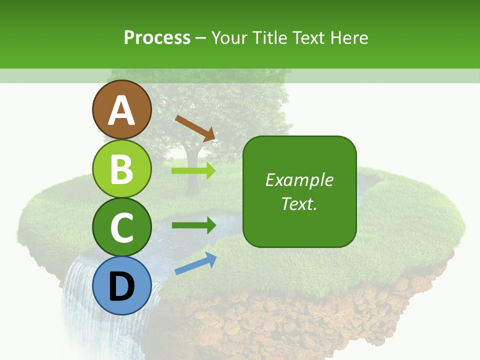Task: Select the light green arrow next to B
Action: tap(193, 171)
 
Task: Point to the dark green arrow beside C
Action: tap(193, 225)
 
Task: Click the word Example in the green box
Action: tap(299, 180)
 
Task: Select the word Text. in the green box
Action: tap(299, 203)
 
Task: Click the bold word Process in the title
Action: tap(157, 37)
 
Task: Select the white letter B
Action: tap(121, 169)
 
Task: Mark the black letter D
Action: tap(121, 286)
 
